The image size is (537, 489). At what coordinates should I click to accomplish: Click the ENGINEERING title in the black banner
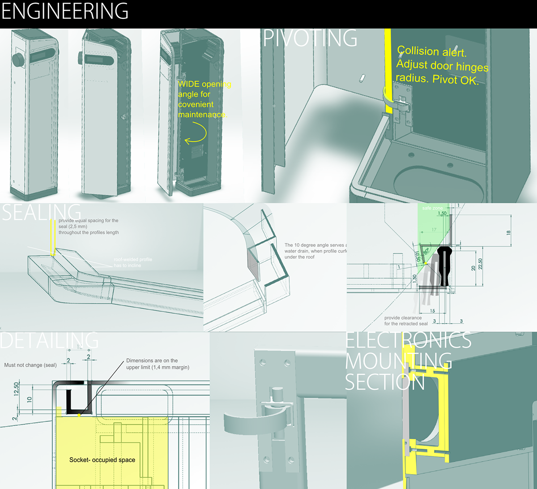coord(65,11)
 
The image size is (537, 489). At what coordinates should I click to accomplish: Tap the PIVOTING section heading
coord(310,38)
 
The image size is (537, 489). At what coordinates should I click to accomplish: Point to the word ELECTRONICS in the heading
coord(408,341)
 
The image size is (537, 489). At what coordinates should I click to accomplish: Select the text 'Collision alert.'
coord(432,52)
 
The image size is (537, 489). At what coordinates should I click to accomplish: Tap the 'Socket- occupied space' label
coord(102,460)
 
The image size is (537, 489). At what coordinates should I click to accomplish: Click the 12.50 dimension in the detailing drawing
coord(17,389)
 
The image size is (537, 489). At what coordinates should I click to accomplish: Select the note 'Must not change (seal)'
coord(30,365)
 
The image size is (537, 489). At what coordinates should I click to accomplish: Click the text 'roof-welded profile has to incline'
coord(133,262)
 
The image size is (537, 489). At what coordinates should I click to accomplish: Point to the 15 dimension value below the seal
coord(432,311)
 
